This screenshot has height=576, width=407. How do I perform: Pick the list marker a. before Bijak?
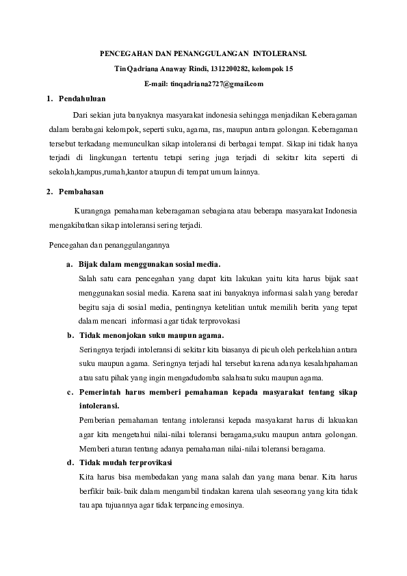pos(69,263)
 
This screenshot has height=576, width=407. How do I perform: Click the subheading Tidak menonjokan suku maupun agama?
pos(151,335)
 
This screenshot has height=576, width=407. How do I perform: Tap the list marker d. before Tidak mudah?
pos(70,462)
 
